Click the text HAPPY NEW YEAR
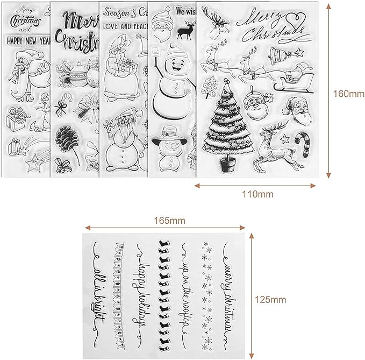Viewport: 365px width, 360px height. [27, 39]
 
